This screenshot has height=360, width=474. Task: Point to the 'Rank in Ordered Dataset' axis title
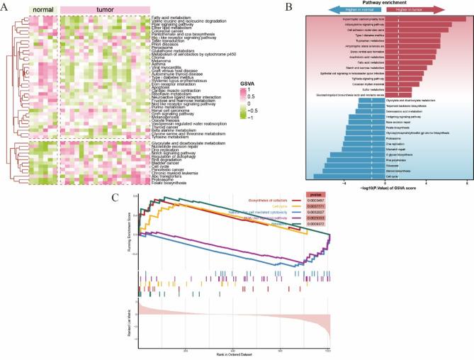(x=233, y=355)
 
